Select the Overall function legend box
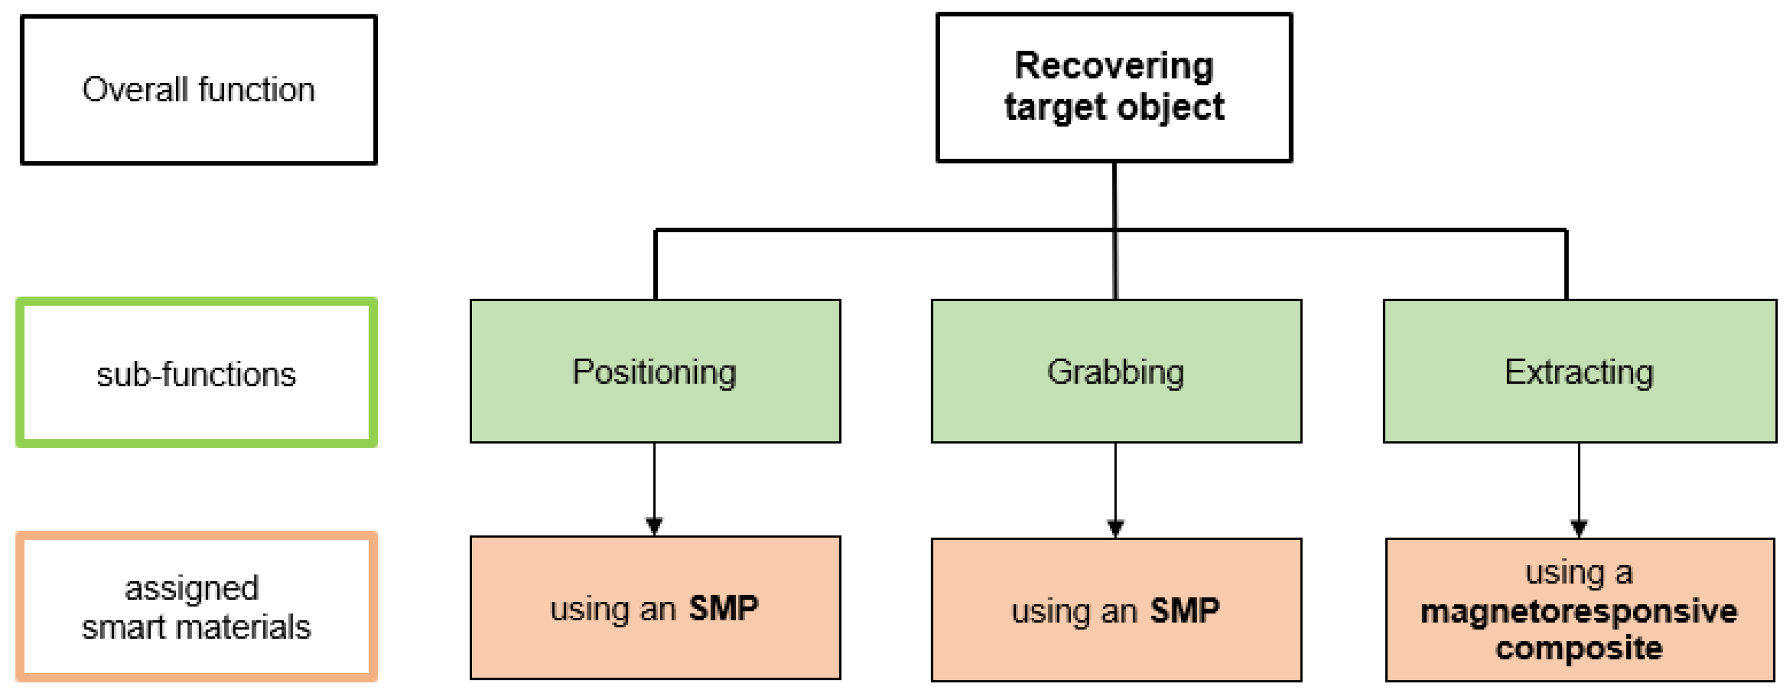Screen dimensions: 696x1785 point(198,90)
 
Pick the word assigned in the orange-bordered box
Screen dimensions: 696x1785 point(191,589)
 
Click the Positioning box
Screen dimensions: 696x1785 point(655,371)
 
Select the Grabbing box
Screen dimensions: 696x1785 point(1115,371)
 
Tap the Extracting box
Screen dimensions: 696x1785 point(1579,371)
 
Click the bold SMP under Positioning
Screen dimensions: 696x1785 point(724,609)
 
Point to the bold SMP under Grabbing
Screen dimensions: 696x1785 point(1184,611)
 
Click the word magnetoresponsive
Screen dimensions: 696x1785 point(1579,611)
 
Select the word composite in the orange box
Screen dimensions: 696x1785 point(1579,648)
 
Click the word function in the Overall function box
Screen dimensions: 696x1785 point(257,90)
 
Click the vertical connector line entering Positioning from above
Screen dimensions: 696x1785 point(655,267)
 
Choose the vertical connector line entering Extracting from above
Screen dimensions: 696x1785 point(1566,267)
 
